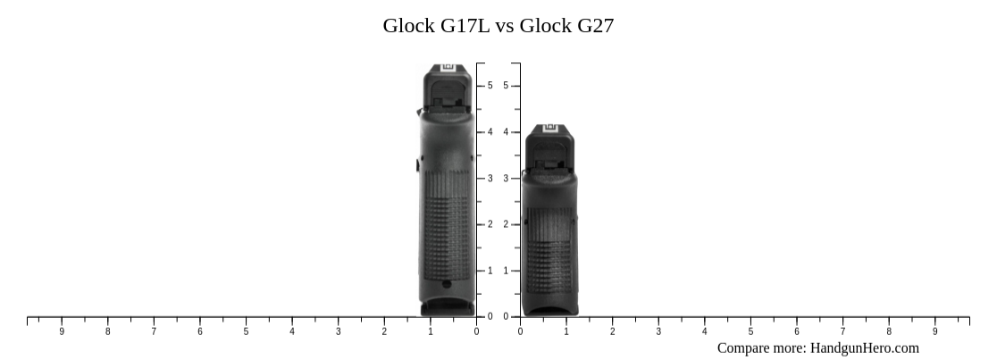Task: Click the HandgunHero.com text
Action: [x=864, y=347]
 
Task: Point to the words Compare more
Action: [x=761, y=347]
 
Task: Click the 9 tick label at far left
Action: [x=62, y=331]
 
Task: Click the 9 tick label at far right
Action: [x=934, y=331]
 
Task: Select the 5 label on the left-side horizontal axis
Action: [x=246, y=331]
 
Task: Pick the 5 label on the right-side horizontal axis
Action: [x=750, y=331]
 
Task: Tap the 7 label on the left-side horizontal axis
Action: [x=154, y=331]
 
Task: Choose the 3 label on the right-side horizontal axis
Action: [x=658, y=331]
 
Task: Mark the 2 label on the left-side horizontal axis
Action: [x=384, y=331]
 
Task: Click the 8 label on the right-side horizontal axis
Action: [x=889, y=331]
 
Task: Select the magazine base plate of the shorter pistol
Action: [x=549, y=309]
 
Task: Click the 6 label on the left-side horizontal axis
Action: [x=200, y=331]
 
